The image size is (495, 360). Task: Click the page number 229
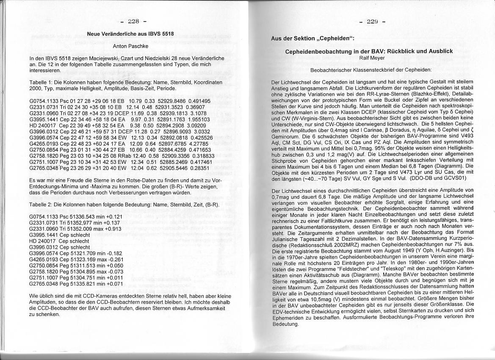372,22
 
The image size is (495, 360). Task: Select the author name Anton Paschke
130,46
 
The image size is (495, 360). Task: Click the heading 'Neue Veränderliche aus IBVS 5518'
130,34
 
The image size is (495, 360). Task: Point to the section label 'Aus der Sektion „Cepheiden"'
312,39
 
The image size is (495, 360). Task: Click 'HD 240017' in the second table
43,241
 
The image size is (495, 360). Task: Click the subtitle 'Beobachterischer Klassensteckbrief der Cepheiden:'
371,69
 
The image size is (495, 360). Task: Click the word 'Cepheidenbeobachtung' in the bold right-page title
317,51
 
